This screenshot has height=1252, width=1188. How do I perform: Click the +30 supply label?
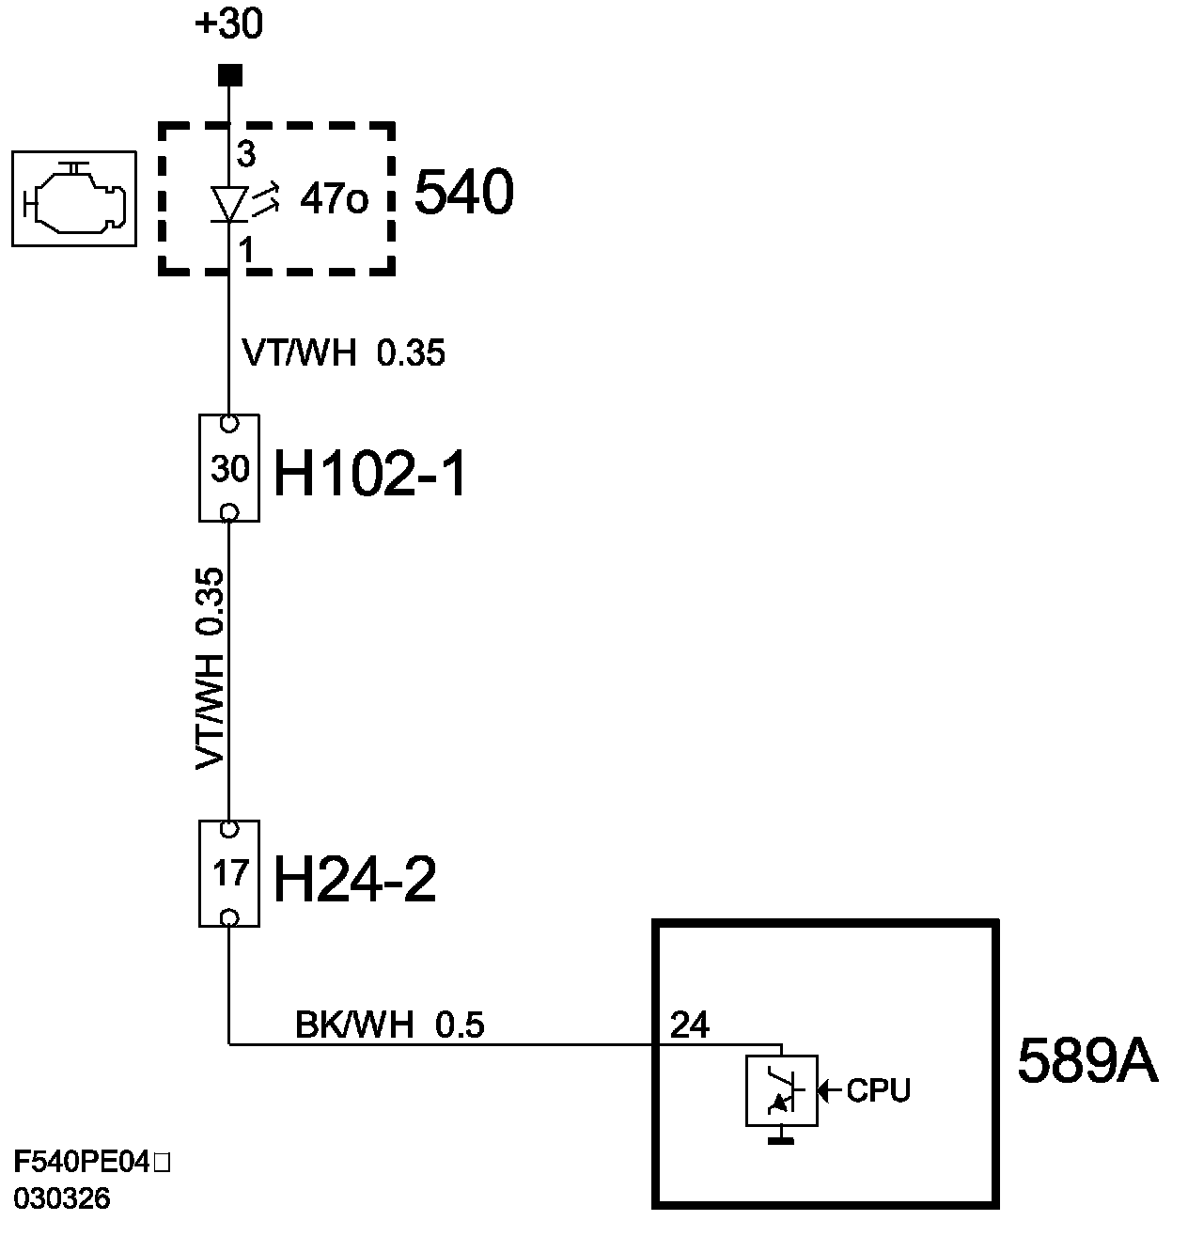click(x=228, y=24)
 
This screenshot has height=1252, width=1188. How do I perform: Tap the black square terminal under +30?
click(x=229, y=75)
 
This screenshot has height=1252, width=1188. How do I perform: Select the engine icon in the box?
click(x=73, y=199)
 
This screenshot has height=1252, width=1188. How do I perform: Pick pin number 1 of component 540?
click(x=246, y=250)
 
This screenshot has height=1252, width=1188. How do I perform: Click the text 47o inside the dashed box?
click(x=334, y=199)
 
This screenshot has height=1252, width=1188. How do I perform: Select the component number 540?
click(x=464, y=195)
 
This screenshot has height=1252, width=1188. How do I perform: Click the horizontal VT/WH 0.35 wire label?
click(x=343, y=353)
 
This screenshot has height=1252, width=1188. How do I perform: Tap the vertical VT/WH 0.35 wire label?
click(x=211, y=668)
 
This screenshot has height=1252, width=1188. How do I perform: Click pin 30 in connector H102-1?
click(x=229, y=468)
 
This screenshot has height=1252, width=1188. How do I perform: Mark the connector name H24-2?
click(x=354, y=882)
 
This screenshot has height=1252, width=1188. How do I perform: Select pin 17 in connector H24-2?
click(x=229, y=874)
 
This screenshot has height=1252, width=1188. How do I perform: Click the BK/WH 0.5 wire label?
click(x=389, y=1025)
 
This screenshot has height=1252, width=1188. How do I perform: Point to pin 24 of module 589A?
click(x=689, y=1025)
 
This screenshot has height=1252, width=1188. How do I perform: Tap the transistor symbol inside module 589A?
click(x=781, y=1090)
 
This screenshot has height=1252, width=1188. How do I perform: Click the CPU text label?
click(x=878, y=1090)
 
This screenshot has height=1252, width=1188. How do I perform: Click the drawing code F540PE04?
click(x=83, y=1163)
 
